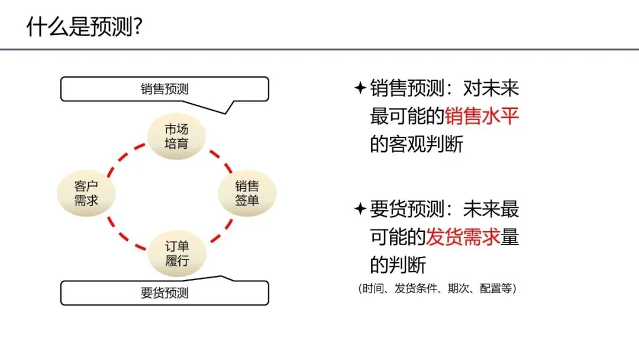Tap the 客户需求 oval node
(86, 193)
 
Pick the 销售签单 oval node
(247, 193)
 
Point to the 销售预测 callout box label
(164, 89)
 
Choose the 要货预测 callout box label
(164, 292)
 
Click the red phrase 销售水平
(482, 116)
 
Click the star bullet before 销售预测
(360, 89)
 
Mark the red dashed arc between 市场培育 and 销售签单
(220, 159)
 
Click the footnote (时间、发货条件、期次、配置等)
(437, 289)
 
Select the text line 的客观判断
(417, 144)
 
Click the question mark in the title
(137, 26)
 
